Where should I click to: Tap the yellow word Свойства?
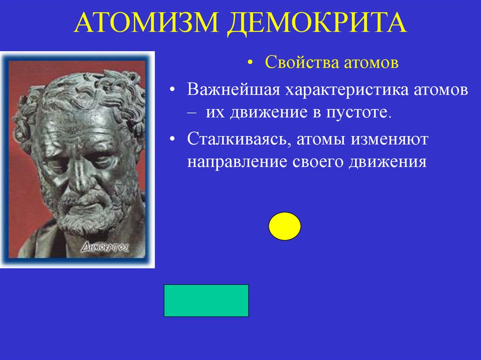(x=299, y=63)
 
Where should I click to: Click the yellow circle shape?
(x=285, y=226)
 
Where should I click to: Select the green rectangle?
(x=206, y=300)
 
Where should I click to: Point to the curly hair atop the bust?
(x=80, y=87)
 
